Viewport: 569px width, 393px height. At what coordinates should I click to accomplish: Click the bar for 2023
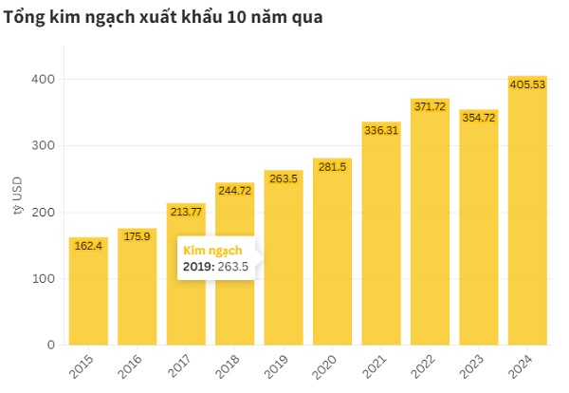(479, 227)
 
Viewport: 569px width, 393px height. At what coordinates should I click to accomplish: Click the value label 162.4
(88, 247)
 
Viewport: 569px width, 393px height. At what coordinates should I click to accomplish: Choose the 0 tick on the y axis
(47, 345)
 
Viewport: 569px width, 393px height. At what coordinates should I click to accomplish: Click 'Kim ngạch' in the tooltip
(211, 250)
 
